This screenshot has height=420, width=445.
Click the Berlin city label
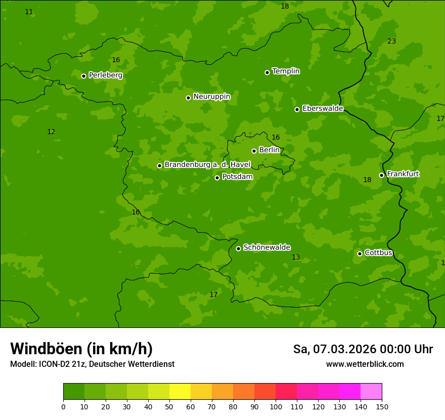point(269,150)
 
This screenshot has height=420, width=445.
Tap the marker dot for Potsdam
point(217,178)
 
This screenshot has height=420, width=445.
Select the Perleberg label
point(105,75)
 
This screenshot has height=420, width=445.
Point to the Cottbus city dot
point(360,254)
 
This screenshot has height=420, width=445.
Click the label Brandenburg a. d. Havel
point(207,164)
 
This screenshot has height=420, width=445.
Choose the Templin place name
point(286,71)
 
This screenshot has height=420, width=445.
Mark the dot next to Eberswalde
point(297,109)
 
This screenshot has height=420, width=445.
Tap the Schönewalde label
point(266,247)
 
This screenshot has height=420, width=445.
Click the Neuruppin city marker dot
point(188,98)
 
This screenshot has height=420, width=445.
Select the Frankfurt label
point(403,174)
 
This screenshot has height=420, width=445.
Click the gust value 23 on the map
point(391,41)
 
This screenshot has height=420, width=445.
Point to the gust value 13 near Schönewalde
point(296,258)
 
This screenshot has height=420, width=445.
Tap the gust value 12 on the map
point(51,132)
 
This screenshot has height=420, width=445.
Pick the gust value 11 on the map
point(29,12)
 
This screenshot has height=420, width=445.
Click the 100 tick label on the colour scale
point(276,407)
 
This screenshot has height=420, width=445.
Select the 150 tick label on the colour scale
point(382,407)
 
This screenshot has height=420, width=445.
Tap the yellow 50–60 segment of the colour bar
point(180,392)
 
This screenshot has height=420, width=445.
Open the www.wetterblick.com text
point(365,364)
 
